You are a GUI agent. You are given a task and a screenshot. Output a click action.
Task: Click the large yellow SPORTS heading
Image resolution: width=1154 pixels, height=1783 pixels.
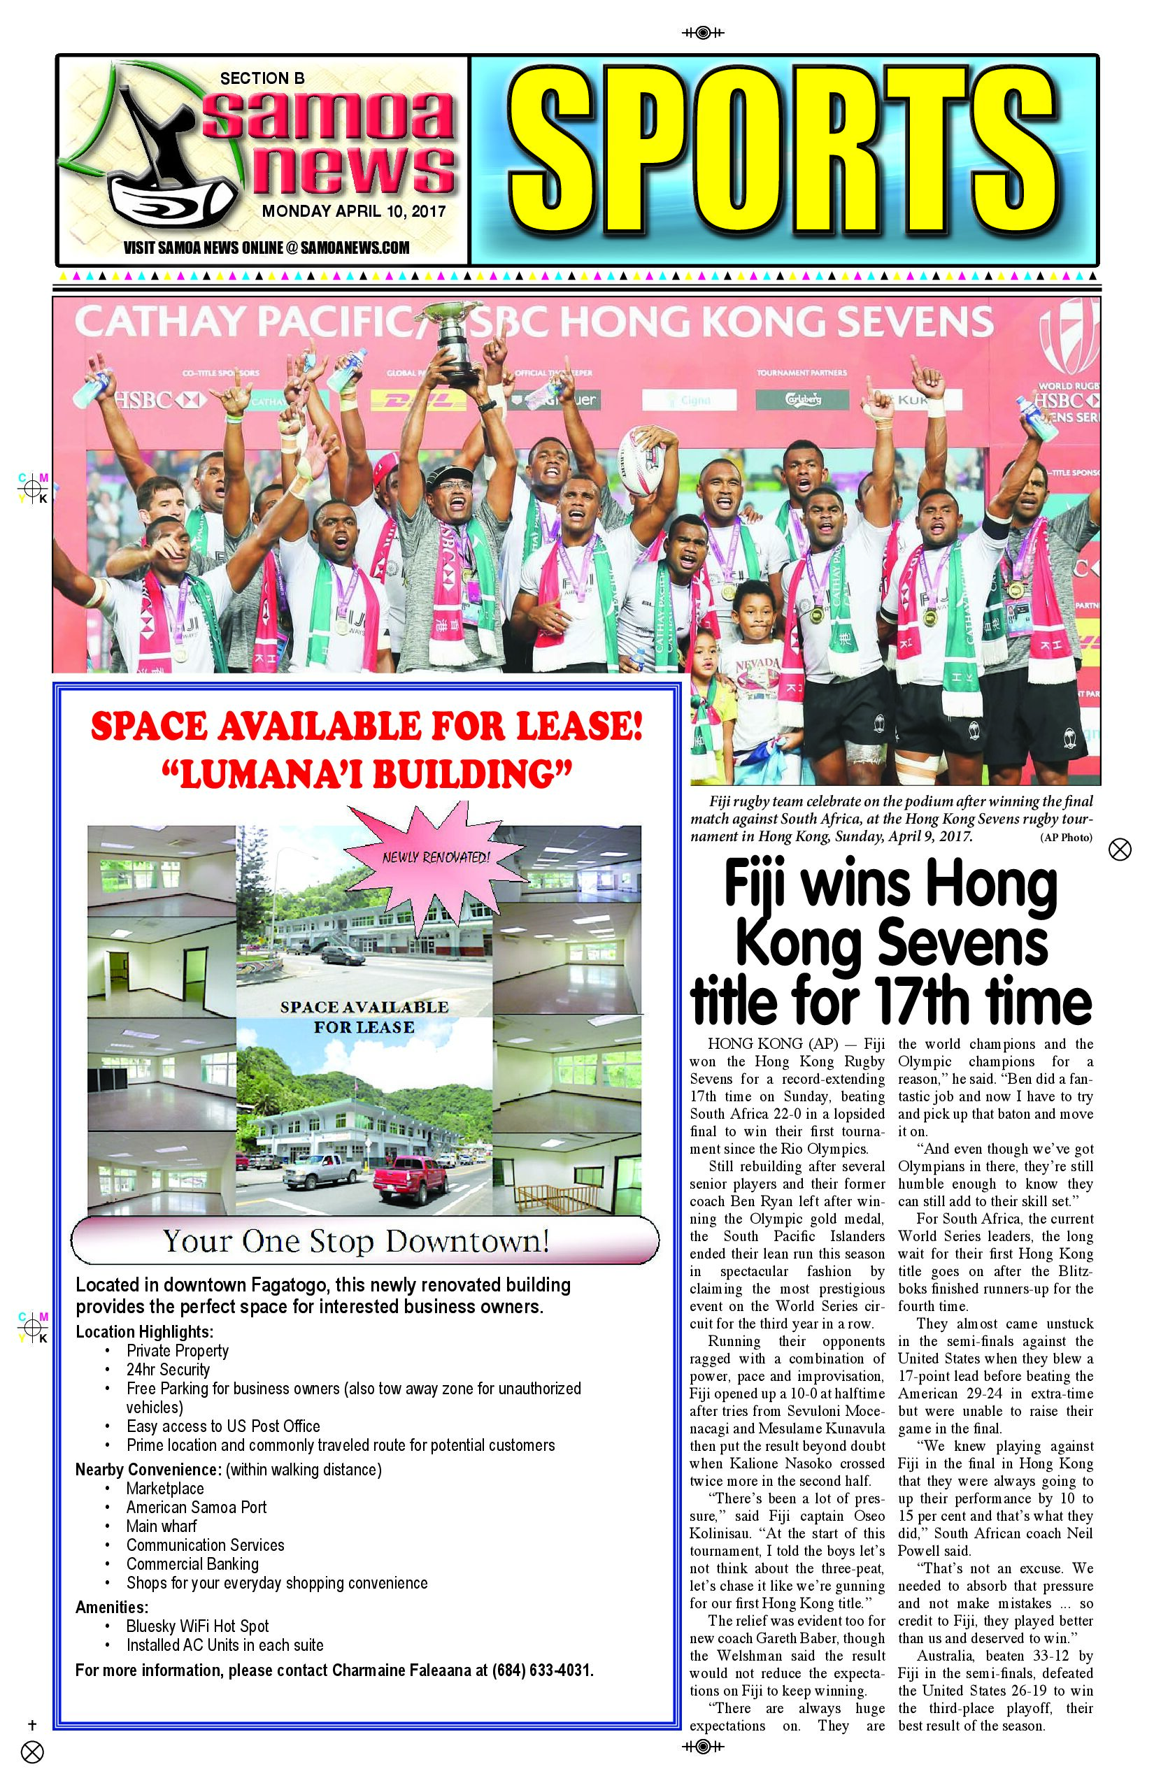tap(784, 159)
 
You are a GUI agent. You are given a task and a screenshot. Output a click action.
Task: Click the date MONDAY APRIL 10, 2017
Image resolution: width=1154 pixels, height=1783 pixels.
tap(354, 211)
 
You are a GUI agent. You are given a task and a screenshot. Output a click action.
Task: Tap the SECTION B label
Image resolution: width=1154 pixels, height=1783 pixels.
tap(262, 78)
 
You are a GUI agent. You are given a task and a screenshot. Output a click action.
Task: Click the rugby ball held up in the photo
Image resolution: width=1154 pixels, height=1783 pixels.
tap(646, 459)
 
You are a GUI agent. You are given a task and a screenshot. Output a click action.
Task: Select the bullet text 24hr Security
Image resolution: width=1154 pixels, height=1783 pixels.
tap(168, 1370)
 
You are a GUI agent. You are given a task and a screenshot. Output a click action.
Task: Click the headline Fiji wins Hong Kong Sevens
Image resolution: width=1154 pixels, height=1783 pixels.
tap(891, 943)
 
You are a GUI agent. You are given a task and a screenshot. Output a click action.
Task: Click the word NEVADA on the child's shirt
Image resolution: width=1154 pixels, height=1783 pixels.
tap(757, 665)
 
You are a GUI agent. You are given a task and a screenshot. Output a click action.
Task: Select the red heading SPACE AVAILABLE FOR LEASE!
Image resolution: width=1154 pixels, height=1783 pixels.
tap(366, 726)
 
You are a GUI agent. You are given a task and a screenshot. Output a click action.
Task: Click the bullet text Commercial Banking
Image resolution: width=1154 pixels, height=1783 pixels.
tap(192, 1563)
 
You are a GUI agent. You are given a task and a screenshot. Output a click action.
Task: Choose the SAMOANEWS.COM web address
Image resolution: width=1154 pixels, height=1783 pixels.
tap(355, 248)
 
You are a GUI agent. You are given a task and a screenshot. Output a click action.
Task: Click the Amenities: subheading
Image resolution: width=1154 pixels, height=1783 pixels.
tap(112, 1607)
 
